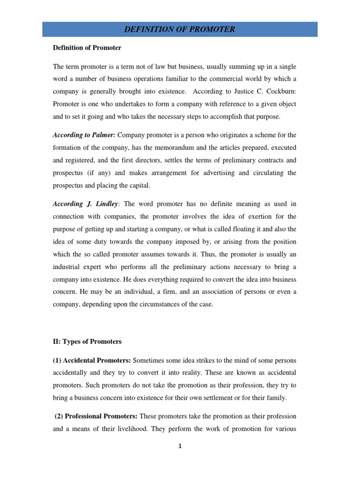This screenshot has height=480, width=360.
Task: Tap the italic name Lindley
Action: (x=103, y=204)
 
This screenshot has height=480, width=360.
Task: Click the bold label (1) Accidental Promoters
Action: (x=92, y=360)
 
